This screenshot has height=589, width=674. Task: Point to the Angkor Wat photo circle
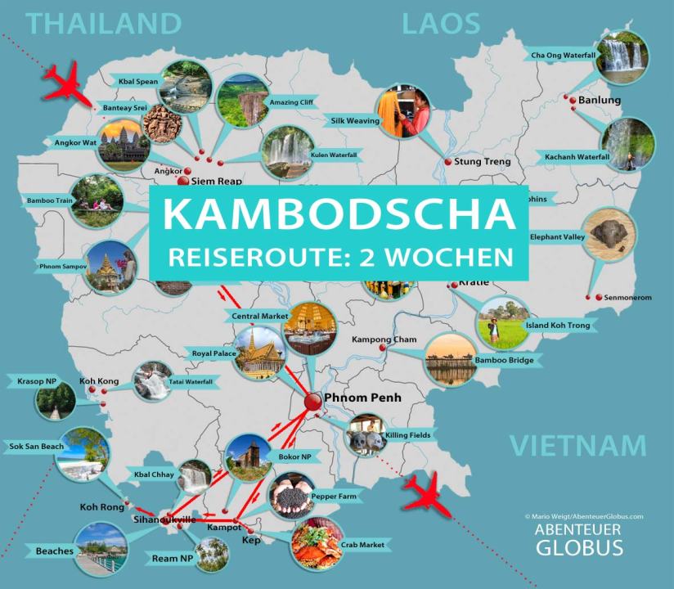[123, 142]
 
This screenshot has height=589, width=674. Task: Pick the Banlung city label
[600, 101]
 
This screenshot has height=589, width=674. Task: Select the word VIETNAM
[577, 446]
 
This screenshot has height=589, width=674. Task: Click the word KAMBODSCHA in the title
[339, 214]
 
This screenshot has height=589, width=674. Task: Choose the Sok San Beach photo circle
[83, 452]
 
